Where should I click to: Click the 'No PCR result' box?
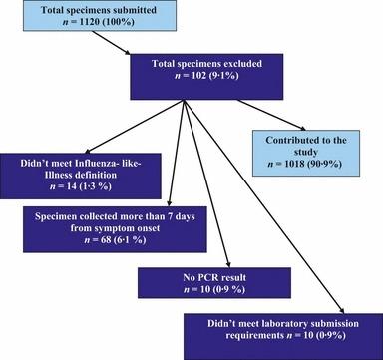coord(198,286)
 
